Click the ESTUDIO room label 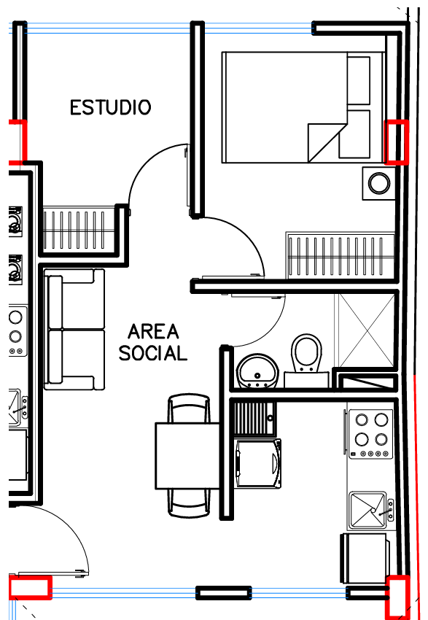pyautogui.click(x=111, y=107)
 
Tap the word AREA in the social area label pyautogui.click(x=153, y=331)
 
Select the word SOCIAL pyautogui.click(x=153, y=353)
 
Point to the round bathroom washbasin pyautogui.click(x=257, y=371)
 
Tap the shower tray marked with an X pyautogui.click(x=365, y=330)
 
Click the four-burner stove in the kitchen pyautogui.click(x=370, y=434)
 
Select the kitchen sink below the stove pyautogui.click(x=368, y=510)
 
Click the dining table pyautogui.click(x=187, y=455)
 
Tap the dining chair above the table pyautogui.click(x=189, y=408)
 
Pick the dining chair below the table pyautogui.click(x=189, y=503)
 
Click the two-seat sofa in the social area pyautogui.click(x=74, y=330)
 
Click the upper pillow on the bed pyautogui.click(x=359, y=80)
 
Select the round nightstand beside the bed pyautogui.click(x=379, y=183)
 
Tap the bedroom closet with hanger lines pyautogui.click(x=341, y=255)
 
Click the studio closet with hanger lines pyautogui.click(x=78, y=229)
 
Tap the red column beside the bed pyautogui.click(x=397, y=142)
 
